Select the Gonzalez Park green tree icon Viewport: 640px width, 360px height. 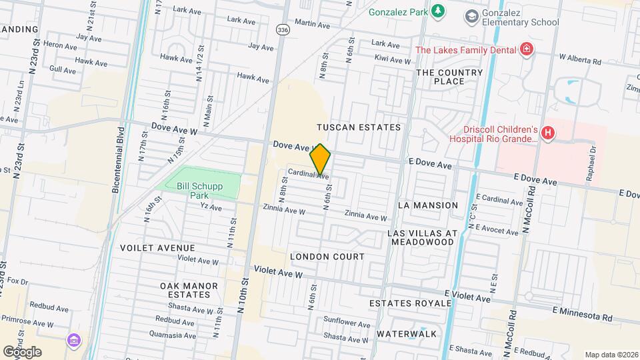[437, 11]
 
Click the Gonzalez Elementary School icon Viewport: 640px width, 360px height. [472, 15]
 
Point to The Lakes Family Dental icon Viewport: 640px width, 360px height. [527, 49]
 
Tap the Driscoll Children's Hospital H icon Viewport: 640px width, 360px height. [548, 133]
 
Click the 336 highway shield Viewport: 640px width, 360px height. [283, 30]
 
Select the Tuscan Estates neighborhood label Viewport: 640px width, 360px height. [359, 127]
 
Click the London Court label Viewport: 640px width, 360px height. [327, 257]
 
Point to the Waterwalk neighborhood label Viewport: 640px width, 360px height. [406, 333]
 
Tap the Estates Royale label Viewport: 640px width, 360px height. [411, 303]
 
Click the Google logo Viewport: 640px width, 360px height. [22, 351]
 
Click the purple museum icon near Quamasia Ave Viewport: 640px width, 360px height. [73, 341]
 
